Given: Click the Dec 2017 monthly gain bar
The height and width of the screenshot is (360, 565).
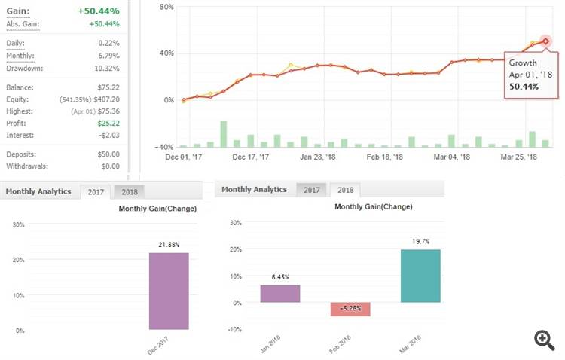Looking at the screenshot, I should click(x=169, y=291).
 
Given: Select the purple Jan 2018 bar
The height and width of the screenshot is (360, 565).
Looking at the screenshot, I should click(x=280, y=294).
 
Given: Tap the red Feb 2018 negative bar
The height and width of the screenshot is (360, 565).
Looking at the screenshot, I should click(x=350, y=310).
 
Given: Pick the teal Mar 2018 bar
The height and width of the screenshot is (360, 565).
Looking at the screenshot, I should click(x=420, y=276).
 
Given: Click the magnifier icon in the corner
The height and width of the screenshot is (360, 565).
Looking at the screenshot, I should click(x=544, y=340).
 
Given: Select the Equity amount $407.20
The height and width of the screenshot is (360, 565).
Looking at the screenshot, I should click(x=105, y=98).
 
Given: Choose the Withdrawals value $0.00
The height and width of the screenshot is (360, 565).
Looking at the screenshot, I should click(x=109, y=166).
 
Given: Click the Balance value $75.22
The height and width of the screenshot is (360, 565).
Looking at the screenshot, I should click(x=107, y=86).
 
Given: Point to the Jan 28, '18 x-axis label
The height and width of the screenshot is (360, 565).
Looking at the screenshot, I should click(x=316, y=157).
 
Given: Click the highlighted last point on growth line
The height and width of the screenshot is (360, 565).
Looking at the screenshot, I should click(x=545, y=41).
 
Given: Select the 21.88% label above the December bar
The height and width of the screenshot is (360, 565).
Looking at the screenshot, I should click(x=169, y=245).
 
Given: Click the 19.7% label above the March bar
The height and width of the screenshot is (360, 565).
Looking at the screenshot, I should click(x=420, y=241).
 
